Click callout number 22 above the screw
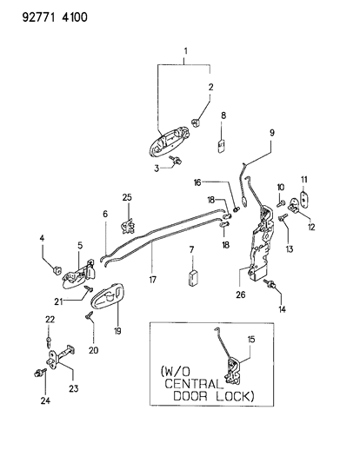[49, 321]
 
